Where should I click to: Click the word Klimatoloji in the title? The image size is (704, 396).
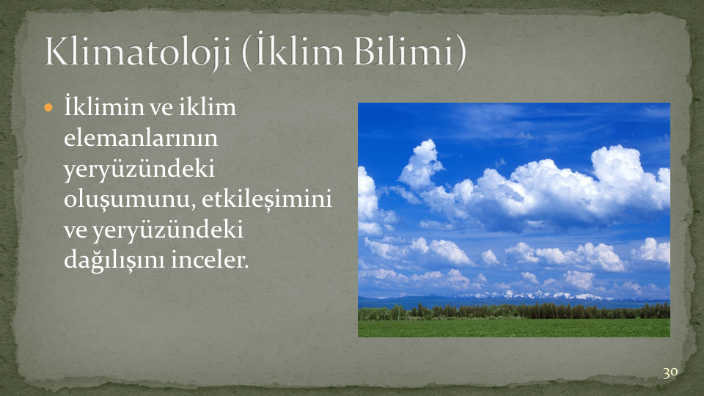coord(137,51)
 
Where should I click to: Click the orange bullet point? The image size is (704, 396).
coord(48,108)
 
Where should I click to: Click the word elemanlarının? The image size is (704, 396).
coord(141,138)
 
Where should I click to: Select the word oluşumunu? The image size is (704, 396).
coord(129,199)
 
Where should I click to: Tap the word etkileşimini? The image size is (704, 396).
coord(267,199)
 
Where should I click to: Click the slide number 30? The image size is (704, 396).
coord(670,373)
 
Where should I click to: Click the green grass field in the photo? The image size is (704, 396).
coord(513,328)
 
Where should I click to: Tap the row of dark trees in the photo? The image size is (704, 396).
coord(513,311)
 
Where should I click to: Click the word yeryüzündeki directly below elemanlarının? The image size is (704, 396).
coord(139,169)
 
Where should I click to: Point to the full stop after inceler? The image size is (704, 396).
coord(246,267)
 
